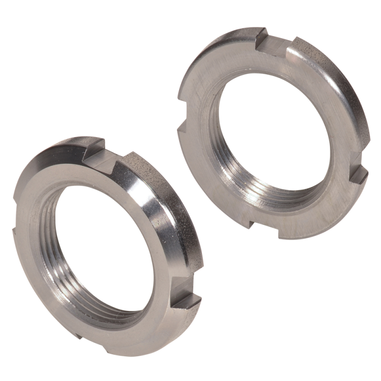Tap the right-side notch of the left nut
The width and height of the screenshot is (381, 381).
[x=185, y=301]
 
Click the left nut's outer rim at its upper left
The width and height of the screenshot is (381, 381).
[x=43, y=162]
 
